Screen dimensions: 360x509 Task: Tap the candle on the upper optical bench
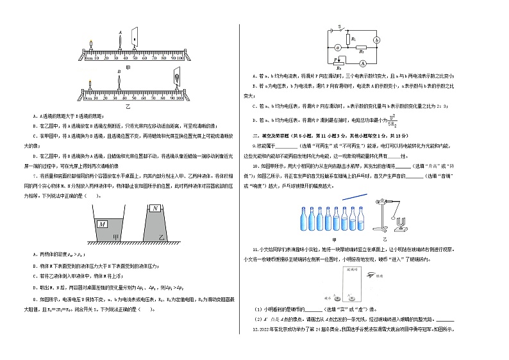point(92,47)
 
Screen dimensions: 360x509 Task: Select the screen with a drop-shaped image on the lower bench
point(176,81)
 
